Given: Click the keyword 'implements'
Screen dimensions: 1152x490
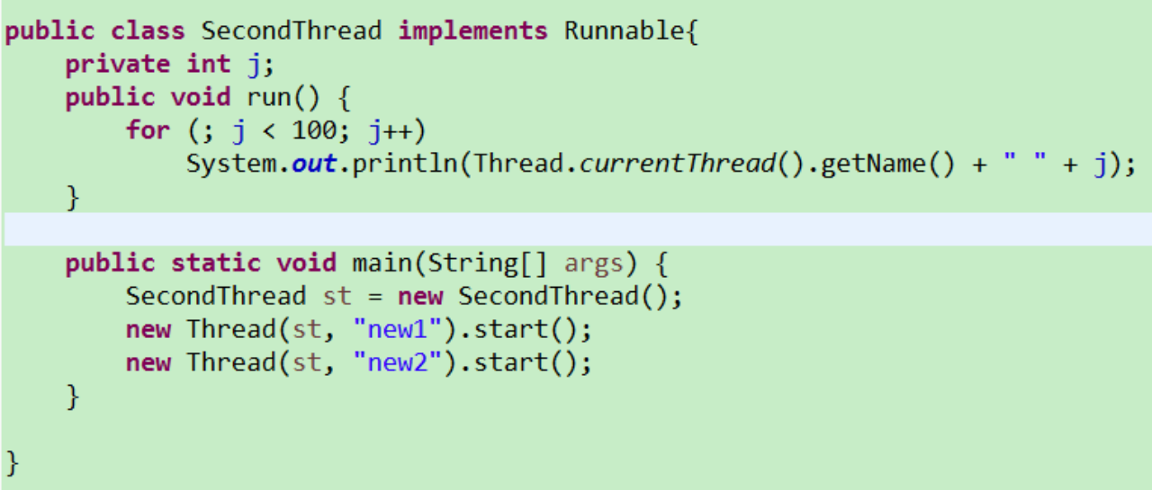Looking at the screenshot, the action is pos(472,31).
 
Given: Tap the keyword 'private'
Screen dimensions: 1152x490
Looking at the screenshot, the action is pos(117,64).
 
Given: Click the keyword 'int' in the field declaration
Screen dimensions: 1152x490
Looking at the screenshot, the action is pos(208,64).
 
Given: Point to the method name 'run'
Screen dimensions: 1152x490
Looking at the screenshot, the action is pos(268,97).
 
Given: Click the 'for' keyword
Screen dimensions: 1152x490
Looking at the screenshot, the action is pos(148,130).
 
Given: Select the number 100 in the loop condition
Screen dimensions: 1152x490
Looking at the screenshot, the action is pos(314,130).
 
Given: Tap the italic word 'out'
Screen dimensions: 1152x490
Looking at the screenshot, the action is pos(314,165).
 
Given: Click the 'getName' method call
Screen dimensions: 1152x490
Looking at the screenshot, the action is pos(858,165).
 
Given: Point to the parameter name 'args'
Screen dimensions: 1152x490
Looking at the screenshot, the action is pos(593,263).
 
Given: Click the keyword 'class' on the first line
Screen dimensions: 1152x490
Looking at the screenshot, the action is pos(148,31).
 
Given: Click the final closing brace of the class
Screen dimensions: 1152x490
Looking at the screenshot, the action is pos(13,462).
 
